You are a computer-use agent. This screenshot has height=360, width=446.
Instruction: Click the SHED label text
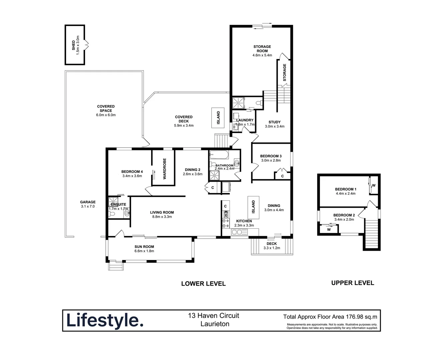(73, 45)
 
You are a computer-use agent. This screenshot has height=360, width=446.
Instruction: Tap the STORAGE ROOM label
(262, 49)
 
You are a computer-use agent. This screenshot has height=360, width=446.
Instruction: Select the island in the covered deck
(218, 117)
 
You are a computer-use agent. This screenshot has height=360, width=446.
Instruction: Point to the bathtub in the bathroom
(219, 155)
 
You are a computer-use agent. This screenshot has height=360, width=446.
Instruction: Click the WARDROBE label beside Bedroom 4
(164, 169)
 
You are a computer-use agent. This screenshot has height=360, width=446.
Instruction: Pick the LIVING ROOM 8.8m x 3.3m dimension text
(162, 217)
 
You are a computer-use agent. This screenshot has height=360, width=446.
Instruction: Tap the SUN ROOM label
(144, 247)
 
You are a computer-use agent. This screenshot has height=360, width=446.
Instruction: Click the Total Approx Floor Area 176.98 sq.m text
(330, 317)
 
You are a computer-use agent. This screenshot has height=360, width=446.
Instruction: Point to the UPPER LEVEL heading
(353, 283)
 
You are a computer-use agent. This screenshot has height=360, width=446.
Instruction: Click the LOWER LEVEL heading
(203, 284)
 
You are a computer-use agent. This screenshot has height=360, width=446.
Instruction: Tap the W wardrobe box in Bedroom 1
(374, 186)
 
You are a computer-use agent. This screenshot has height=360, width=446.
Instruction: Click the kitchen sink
(239, 232)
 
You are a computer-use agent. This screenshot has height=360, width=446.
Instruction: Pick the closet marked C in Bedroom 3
(282, 176)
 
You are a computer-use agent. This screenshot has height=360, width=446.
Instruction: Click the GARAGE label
(88, 202)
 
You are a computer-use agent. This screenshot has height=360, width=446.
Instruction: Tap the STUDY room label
(275, 122)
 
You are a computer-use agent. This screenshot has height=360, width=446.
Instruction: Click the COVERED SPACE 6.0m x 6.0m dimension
(106, 115)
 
